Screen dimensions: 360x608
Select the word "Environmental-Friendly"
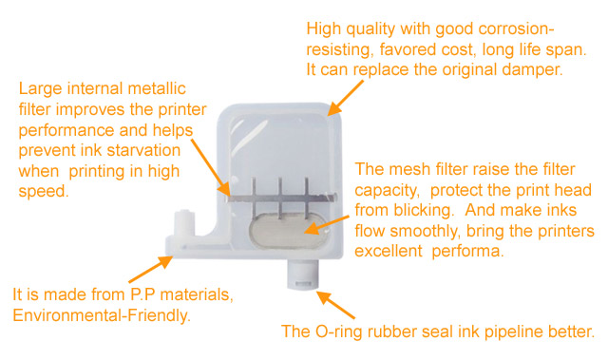click(103, 314)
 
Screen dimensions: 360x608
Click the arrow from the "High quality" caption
click(345, 97)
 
